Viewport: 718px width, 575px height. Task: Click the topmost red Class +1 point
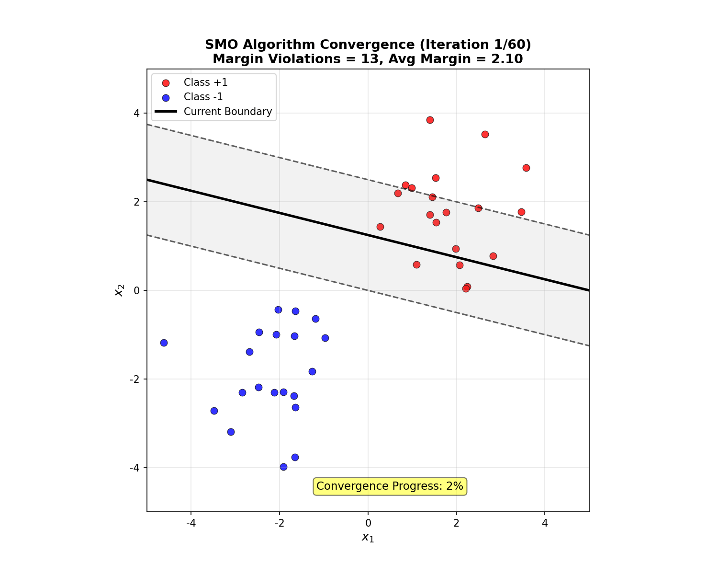pyautogui.click(x=430, y=120)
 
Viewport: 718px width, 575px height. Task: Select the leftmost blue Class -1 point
pyautogui.click(x=164, y=343)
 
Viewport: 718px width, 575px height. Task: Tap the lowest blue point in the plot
pyautogui.click(x=283, y=467)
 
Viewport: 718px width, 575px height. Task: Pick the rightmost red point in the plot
pyautogui.click(x=526, y=168)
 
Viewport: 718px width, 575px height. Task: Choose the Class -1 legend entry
pyautogui.click(x=203, y=97)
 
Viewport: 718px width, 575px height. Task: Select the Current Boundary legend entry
pyautogui.click(x=227, y=112)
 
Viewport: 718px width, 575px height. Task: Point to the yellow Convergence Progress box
pyautogui.click(x=390, y=486)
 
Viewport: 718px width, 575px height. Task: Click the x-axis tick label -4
pyautogui.click(x=191, y=523)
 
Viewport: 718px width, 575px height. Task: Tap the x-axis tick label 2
pyautogui.click(x=456, y=523)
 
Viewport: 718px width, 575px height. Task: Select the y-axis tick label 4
pyautogui.click(x=137, y=114)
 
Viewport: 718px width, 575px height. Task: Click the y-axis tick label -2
pyautogui.click(x=135, y=379)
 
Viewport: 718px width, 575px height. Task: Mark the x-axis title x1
pyautogui.click(x=368, y=538)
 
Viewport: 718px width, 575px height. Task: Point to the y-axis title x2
pyautogui.click(x=120, y=290)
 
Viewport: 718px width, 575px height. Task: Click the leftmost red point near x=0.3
pyautogui.click(x=380, y=227)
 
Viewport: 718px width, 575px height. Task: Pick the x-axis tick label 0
pyautogui.click(x=368, y=523)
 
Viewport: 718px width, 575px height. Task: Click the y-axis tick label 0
pyautogui.click(x=137, y=290)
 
